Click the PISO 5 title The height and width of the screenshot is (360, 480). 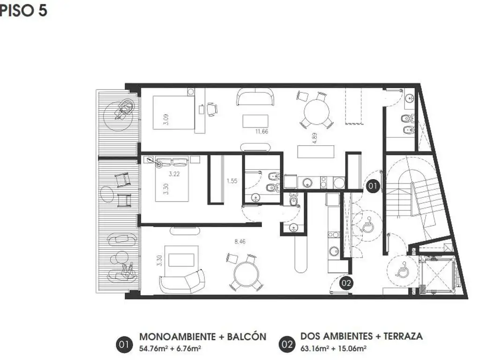coord(23,10)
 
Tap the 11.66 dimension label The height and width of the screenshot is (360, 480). coord(262,131)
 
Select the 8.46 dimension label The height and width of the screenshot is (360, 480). coord(240,241)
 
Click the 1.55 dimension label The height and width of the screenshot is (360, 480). coord(232,181)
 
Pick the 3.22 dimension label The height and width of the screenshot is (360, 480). coord(174,174)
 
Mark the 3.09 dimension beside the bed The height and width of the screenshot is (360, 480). coord(165,119)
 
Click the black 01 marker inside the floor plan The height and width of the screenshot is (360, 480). coord(373,186)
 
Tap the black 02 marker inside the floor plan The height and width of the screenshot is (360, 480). coord(346,283)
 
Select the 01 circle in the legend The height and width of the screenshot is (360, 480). coord(124,345)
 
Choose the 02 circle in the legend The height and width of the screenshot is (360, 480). coord(287,345)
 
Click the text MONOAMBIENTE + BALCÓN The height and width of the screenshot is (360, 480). coord(202,337)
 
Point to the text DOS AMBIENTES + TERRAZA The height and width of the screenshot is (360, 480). coord(361,336)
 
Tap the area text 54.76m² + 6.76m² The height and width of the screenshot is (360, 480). coord(170,348)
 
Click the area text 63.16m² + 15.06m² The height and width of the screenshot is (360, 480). coord(334,348)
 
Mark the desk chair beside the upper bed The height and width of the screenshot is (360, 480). coord(212,109)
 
